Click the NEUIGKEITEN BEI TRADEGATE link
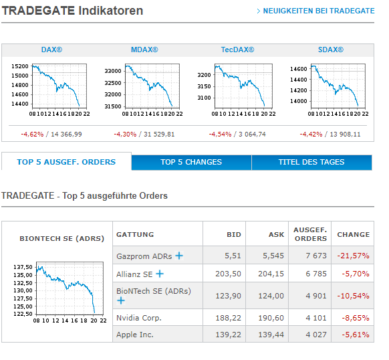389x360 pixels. tap(318, 11)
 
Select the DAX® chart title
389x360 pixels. tap(51, 50)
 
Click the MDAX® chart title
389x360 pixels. tap(144, 50)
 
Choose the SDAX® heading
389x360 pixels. tap(330, 50)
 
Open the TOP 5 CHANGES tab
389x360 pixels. tap(191, 162)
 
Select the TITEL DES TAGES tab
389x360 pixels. tap(311, 162)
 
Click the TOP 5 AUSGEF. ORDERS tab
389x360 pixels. tap(66, 162)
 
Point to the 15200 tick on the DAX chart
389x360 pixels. tap(20, 66)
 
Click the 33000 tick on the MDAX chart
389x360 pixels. tap(113, 71)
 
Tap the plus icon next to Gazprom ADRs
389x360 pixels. tap(179, 256)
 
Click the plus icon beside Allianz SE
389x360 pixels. tap(160, 274)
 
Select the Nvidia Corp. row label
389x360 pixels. tap(139, 318)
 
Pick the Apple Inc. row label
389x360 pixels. tap(136, 335)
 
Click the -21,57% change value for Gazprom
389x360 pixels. tap(354, 256)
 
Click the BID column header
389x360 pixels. tap(233, 234)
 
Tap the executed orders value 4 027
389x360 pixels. tap(312, 335)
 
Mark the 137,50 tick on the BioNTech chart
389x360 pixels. tap(23, 267)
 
